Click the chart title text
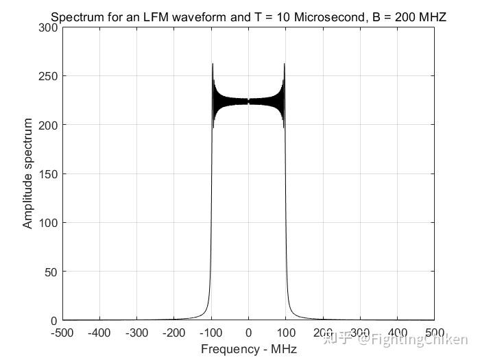pyautogui.click(x=248, y=16)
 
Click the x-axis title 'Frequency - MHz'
pyautogui.click(x=248, y=349)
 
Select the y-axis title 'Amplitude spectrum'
pyautogui.click(x=28, y=173)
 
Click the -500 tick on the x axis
pyautogui.click(x=62, y=333)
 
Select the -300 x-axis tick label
pyautogui.click(x=136, y=333)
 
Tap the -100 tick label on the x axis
pyautogui.click(x=211, y=333)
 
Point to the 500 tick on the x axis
pyautogui.click(x=434, y=333)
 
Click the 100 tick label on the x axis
pyautogui.click(x=285, y=333)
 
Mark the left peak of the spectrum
pyautogui.click(x=213, y=64)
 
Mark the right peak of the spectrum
pyautogui.click(x=284, y=64)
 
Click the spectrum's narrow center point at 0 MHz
pyautogui.click(x=248, y=101)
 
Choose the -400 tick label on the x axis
pyautogui.click(x=99, y=333)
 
